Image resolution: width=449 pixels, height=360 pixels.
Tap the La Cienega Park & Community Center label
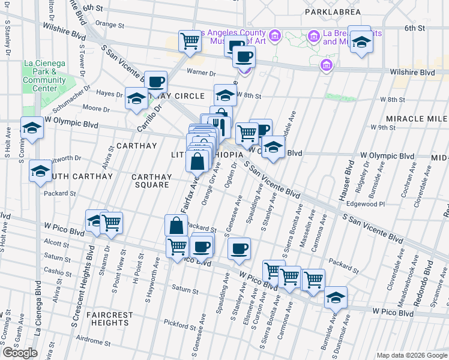pyautogui.click(x=44, y=76)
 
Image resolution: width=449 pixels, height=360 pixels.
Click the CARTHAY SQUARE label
pyautogui.click(x=151, y=181)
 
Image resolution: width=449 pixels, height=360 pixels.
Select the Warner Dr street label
pyautogui.click(x=201, y=73)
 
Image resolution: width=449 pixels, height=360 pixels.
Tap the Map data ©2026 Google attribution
pyautogui.click(x=412, y=355)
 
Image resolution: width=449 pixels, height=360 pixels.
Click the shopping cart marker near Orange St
pyautogui.click(x=190, y=41)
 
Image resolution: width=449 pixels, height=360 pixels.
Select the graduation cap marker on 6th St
pyautogui.click(x=361, y=41)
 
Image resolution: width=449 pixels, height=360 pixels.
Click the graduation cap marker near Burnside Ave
pyautogui.click(x=336, y=298)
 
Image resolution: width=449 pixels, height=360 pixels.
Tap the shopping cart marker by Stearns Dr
pyautogui.click(x=111, y=223)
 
